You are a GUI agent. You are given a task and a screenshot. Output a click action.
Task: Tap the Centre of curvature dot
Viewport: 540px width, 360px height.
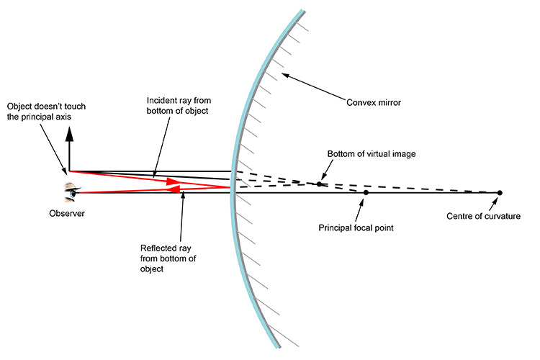click(500, 193)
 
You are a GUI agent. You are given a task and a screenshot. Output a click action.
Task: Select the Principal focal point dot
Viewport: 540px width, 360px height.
click(366, 193)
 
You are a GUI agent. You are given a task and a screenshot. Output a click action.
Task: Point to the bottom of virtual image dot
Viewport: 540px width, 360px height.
click(319, 184)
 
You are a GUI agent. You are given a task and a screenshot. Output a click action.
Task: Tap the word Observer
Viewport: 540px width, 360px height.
click(67, 213)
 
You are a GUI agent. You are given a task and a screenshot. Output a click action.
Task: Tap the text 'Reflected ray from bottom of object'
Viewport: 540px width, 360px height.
click(166, 258)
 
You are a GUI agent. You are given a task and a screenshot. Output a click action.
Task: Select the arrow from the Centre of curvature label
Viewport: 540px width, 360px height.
click(495, 203)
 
